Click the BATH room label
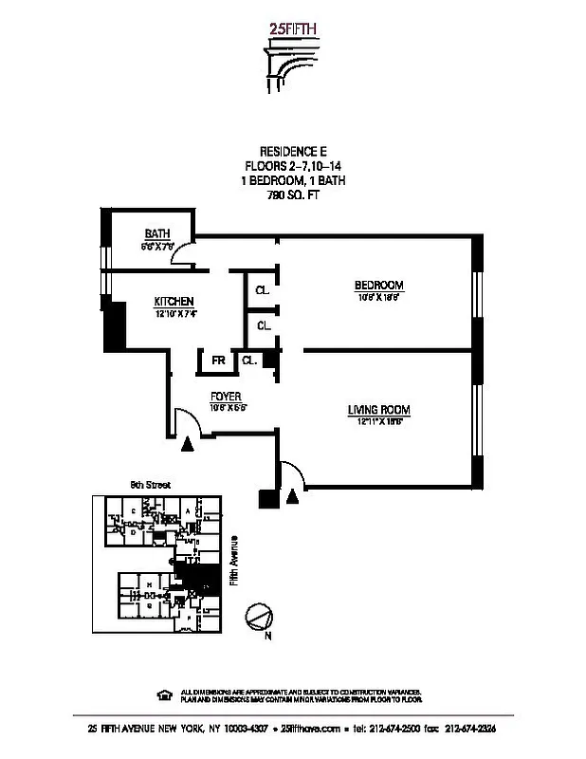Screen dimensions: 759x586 [156, 234]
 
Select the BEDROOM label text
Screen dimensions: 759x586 [379, 286]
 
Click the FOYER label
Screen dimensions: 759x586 [226, 397]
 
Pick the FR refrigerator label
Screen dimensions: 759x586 [218, 361]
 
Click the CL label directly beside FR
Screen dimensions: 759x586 [248, 361]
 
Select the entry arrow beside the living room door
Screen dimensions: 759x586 [293, 495]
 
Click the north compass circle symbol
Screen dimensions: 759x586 [258, 617]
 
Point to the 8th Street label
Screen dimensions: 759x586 [150, 485]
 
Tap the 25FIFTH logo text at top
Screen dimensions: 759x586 [293, 29]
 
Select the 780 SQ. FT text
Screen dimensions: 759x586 [293, 193]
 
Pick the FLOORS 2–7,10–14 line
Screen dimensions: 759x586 [293, 166]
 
